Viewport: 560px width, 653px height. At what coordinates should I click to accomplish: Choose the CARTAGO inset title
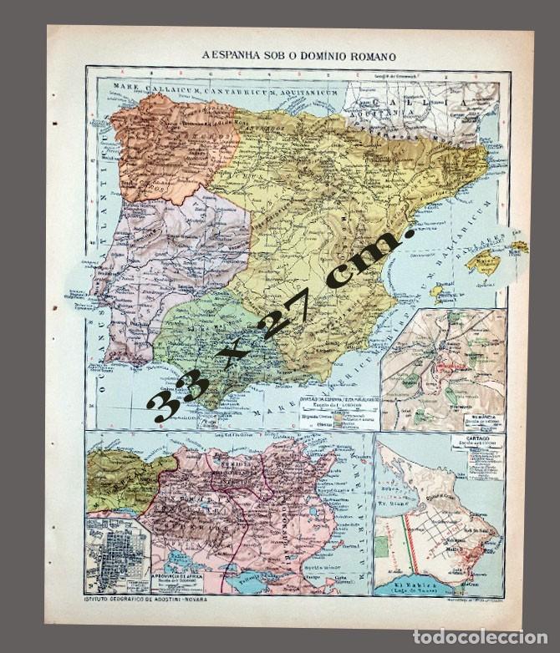tap(467, 438)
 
